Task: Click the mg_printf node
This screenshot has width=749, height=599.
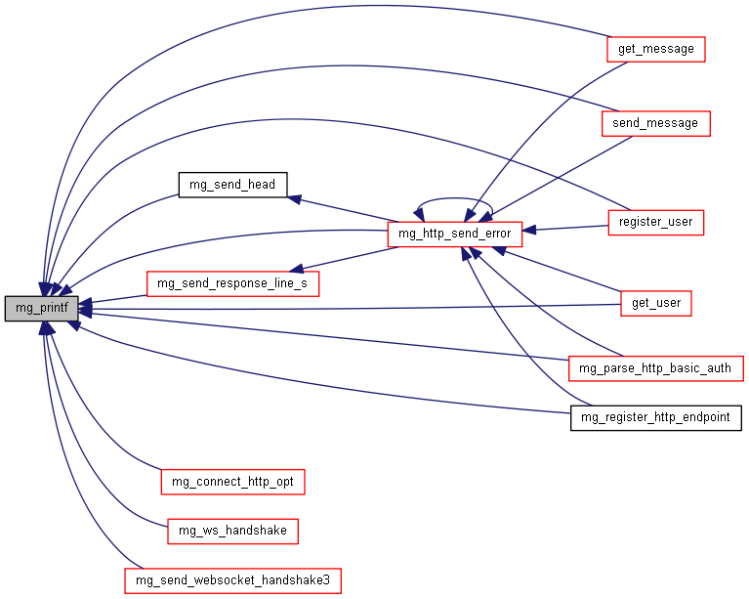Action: (41, 309)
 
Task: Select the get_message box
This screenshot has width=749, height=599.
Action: (655, 49)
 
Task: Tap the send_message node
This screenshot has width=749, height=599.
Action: (654, 123)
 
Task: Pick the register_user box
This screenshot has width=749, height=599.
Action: (655, 222)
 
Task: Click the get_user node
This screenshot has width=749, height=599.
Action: (655, 304)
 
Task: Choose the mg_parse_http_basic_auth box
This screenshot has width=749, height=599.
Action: (655, 368)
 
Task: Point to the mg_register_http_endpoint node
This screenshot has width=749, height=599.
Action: (655, 418)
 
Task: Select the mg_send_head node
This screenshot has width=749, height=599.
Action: (227, 184)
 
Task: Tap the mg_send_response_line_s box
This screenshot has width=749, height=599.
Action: (232, 283)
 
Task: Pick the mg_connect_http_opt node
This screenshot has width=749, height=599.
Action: (232, 482)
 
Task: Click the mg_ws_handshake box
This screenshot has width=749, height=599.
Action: (232, 531)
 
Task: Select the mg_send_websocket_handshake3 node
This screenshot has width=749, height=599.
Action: (232, 580)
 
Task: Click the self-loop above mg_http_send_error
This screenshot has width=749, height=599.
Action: (455, 203)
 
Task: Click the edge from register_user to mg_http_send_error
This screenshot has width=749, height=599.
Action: (566, 228)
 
